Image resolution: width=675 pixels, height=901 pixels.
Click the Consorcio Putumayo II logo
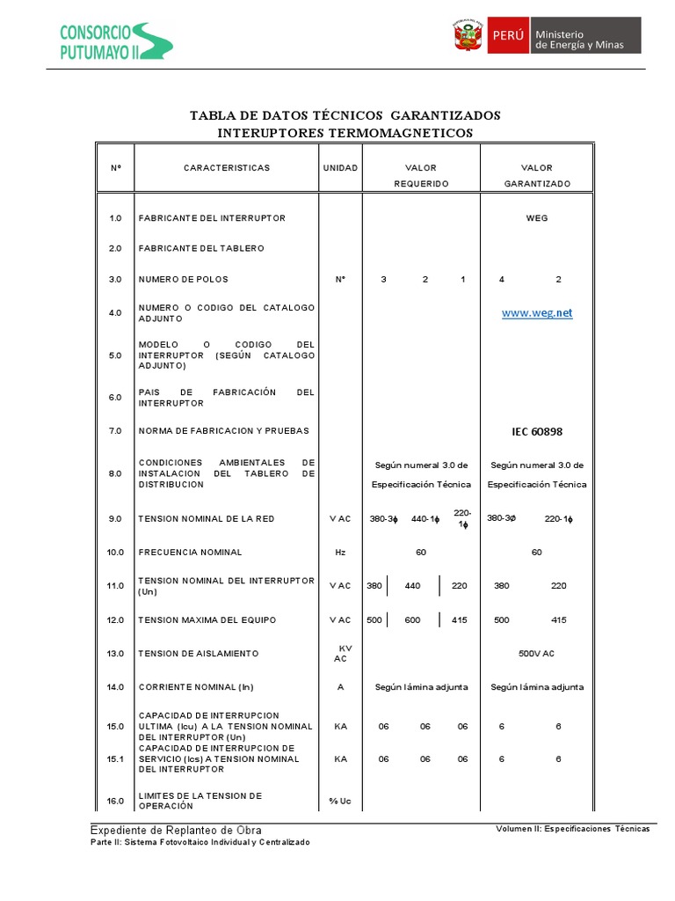[115, 41]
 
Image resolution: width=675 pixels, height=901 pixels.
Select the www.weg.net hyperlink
[536, 313]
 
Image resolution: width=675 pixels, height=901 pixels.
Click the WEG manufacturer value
[536, 218]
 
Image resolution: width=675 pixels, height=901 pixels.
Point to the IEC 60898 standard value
[536, 432]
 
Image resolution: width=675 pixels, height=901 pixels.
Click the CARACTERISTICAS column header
[227, 167]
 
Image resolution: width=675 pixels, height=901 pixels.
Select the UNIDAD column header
[340, 167]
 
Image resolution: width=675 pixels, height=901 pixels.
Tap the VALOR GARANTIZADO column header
[536, 175]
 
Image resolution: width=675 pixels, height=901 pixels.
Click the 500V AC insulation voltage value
[536, 654]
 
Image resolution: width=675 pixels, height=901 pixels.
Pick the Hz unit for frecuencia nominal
[340, 553]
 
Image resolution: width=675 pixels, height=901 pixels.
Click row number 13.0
[115, 654]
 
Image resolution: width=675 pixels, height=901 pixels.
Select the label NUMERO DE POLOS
[184, 280]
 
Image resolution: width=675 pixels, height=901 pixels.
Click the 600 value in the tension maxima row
[412, 620]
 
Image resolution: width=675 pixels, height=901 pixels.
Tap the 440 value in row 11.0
[412, 586]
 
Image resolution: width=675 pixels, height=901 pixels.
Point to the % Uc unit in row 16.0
[340, 801]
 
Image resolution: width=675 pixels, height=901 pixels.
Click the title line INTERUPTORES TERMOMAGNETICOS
[345, 133]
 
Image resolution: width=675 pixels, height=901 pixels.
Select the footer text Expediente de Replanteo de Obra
[176, 831]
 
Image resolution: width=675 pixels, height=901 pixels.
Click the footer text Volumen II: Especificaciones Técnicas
[572, 830]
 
